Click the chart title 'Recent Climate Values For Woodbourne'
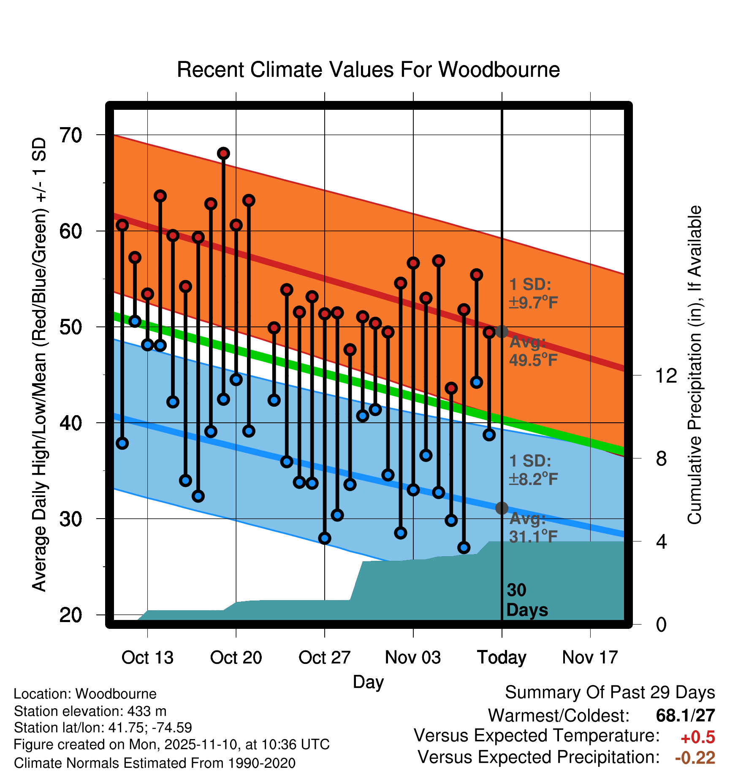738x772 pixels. point(368,70)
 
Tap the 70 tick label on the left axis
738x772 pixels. point(71,136)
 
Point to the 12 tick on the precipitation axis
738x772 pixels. point(666,375)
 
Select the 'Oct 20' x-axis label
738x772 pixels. point(236,658)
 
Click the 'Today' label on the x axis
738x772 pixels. point(502,658)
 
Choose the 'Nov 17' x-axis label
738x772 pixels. point(590,658)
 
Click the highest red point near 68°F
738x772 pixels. point(223,153)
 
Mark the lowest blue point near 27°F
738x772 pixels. point(464,548)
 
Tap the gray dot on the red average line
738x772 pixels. point(502,332)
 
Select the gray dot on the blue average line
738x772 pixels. point(502,508)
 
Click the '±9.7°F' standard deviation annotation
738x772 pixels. point(534,303)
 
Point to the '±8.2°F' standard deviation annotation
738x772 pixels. point(534,479)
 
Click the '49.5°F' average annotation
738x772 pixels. point(534,360)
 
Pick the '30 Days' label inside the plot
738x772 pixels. point(526,600)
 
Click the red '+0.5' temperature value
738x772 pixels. point(698,737)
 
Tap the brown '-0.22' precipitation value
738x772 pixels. point(695,758)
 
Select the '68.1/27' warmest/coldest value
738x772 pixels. point(685,715)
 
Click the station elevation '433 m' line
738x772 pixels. point(90,711)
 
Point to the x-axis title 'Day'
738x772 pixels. point(368,682)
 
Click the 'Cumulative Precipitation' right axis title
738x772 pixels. point(695,365)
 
